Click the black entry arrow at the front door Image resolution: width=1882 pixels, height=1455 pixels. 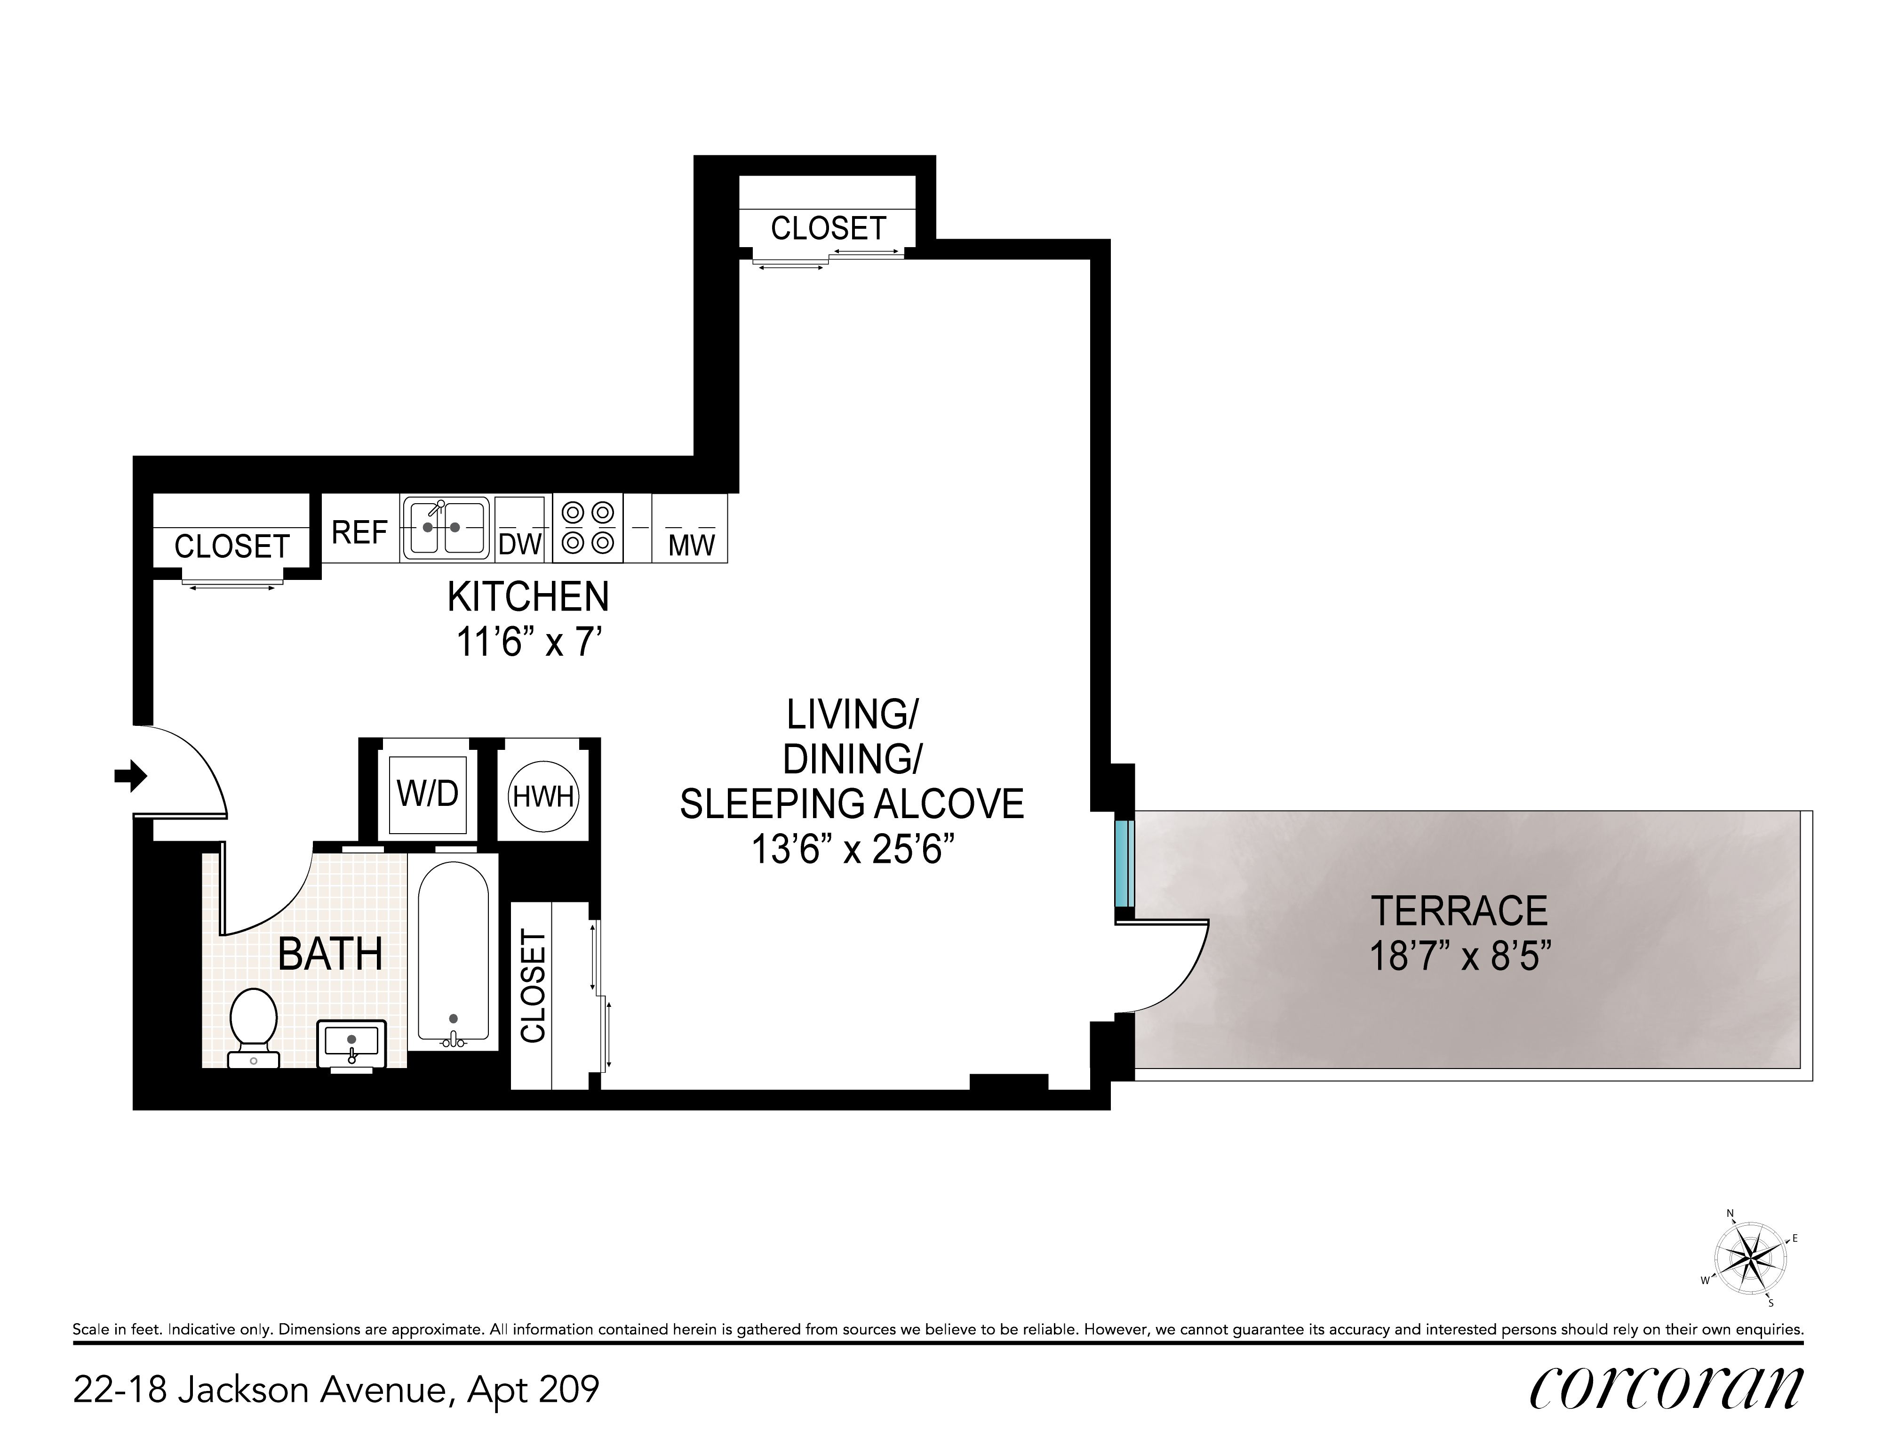[131, 776]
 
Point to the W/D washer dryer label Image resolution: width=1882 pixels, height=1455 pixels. [427, 793]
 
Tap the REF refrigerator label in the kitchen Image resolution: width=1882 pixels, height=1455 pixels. [359, 533]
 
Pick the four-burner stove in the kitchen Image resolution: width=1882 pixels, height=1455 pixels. [588, 528]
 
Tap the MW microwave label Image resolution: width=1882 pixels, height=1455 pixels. [692, 545]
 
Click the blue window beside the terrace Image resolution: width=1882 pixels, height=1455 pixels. [1124, 864]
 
